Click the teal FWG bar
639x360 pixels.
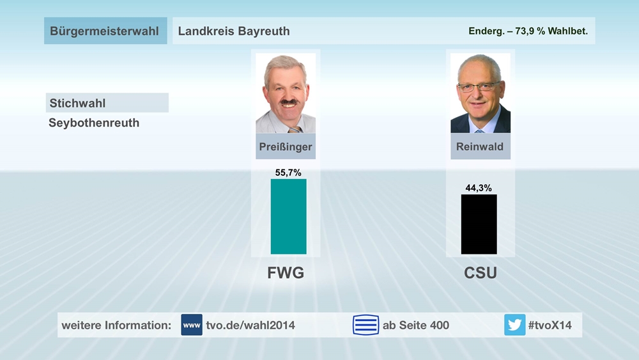pos(288,216)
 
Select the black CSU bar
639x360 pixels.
pos(479,224)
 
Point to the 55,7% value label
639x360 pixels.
pos(288,173)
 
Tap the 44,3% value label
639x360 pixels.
pos(479,188)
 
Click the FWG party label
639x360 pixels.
pos(285,274)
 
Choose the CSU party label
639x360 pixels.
pos(480,274)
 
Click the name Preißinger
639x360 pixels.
pos(286,146)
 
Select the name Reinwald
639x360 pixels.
pos(480,146)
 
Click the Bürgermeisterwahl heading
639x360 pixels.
pos(104,31)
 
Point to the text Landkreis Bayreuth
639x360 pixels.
pos(234,31)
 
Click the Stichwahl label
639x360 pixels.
pos(77,103)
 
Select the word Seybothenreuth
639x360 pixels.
pos(94,123)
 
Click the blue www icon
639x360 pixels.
pos(192,325)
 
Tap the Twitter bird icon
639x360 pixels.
pos(514,325)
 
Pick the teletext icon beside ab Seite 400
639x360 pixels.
pos(366,325)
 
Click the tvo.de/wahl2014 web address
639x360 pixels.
pos(250,325)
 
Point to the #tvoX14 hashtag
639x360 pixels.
pos(550,325)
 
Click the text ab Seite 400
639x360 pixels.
pos(416,325)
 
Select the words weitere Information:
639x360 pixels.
pos(116,325)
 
